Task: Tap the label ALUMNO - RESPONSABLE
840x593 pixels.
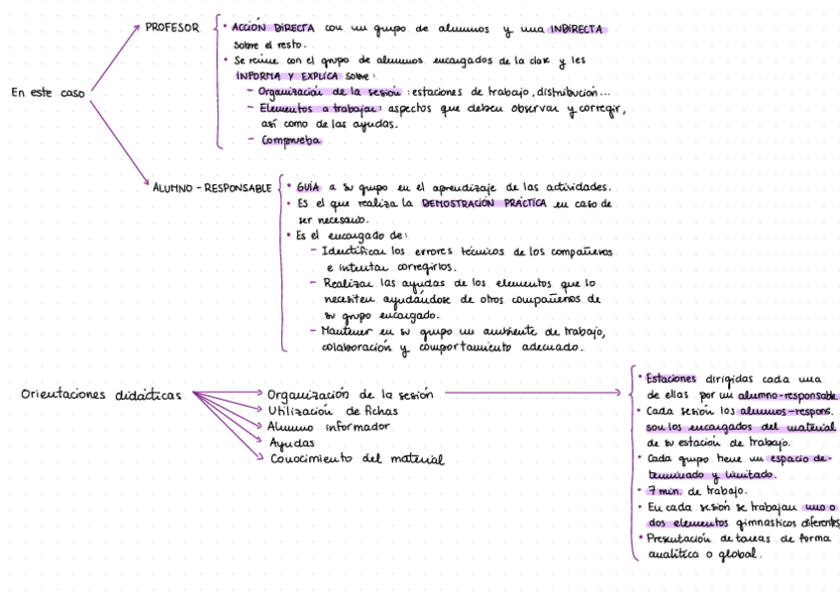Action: tap(212, 187)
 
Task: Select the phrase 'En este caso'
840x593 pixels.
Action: tap(48, 93)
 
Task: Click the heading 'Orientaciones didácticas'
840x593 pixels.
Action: tap(102, 394)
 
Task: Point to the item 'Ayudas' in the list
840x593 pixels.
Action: tap(285, 443)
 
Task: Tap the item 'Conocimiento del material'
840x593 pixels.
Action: tap(356, 459)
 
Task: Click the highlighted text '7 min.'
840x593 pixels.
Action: tap(665, 490)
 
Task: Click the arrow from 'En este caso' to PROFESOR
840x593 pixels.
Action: tap(112, 61)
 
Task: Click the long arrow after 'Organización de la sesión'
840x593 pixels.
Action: tap(530, 393)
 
